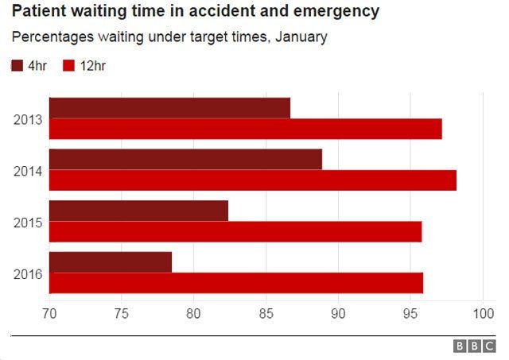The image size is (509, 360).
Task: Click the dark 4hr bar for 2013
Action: click(x=169, y=108)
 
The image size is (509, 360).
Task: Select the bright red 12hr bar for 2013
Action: click(x=245, y=129)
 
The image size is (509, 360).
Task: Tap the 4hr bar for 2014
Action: click(x=185, y=159)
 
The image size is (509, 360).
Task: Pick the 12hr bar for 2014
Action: click(x=252, y=180)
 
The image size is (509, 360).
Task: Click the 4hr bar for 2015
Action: click(x=138, y=211)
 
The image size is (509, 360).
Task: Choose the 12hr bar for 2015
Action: click(x=235, y=231)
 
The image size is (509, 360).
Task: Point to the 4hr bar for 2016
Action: click(x=111, y=261)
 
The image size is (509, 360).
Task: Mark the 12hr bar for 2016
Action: click(x=236, y=283)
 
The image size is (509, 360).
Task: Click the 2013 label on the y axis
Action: click(x=27, y=119)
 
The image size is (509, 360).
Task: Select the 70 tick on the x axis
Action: click(x=49, y=312)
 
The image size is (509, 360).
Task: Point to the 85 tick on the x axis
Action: click(x=266, y=312)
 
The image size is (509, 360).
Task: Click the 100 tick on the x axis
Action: click(x=483, y=312)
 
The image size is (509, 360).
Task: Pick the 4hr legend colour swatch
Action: click(x=17, y=66)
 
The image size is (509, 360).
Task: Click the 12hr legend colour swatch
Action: click(x=68, y=66)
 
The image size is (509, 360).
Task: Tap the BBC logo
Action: click(x=474, y=346)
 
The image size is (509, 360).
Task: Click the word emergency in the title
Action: click(x=333, y=12)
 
